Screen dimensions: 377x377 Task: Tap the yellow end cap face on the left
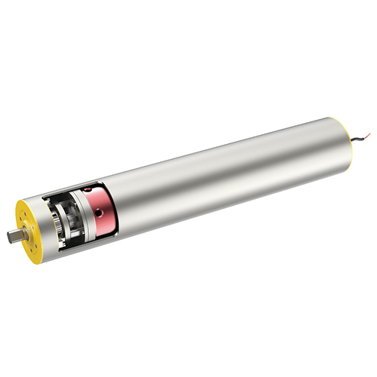pos(29,226)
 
